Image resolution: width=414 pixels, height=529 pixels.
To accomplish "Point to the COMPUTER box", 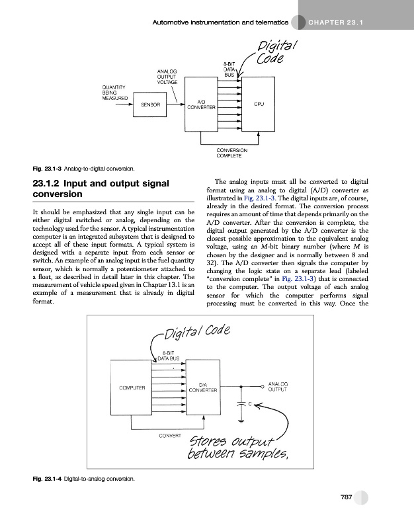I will coord(132,387).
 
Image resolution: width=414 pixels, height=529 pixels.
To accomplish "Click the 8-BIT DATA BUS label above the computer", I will coord(169,356).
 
